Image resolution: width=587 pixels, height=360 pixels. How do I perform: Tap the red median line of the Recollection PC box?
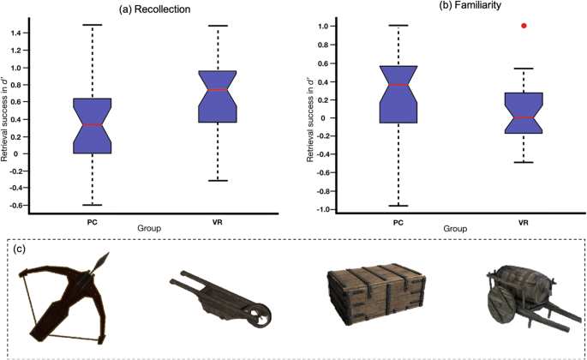[x=92, y=125]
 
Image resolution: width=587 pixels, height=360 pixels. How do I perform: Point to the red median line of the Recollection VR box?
[x=218, y=89]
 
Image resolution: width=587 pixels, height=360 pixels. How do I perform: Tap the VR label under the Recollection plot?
[x=218, y=222]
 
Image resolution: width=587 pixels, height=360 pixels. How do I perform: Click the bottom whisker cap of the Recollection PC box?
[x=92, y=205]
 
